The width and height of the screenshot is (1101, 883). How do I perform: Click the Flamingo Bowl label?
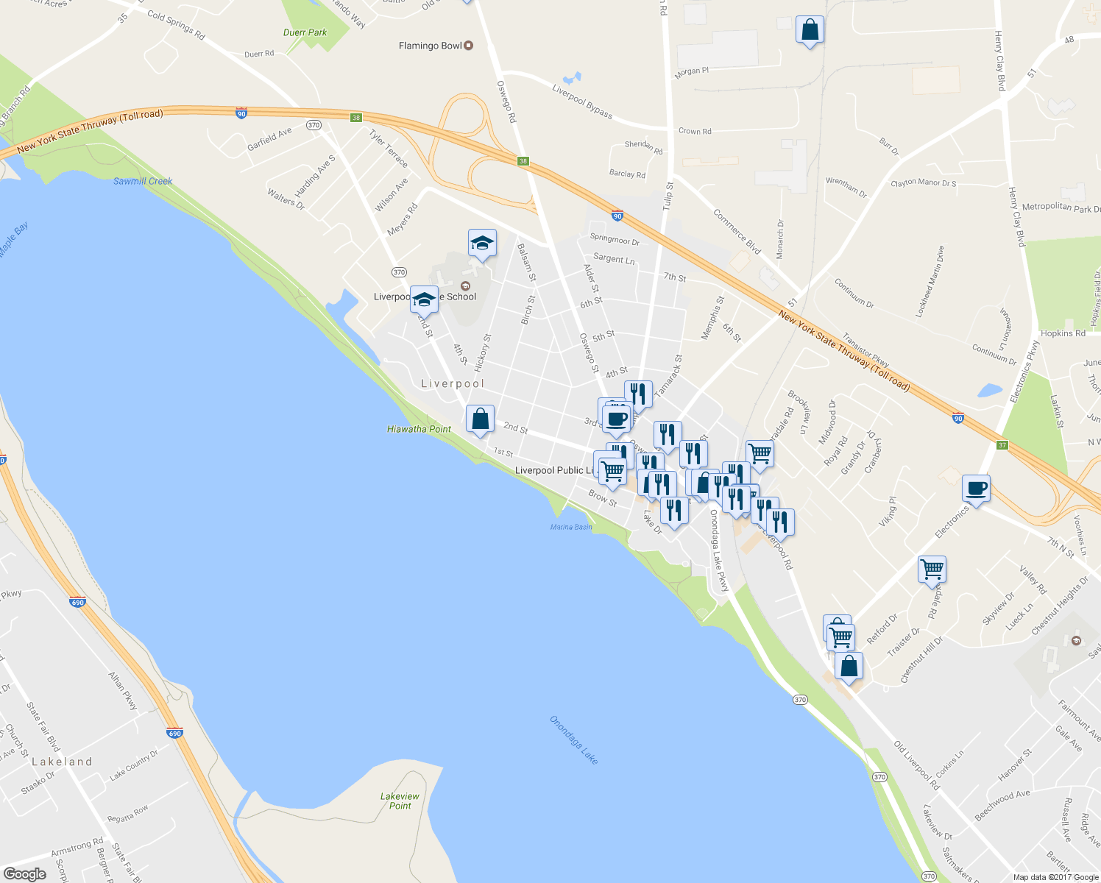431,46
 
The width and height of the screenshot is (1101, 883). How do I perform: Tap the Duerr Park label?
305,32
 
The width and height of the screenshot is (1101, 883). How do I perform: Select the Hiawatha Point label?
419,429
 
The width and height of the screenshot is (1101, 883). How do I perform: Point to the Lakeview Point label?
400,801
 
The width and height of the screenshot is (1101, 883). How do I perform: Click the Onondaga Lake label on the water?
574,739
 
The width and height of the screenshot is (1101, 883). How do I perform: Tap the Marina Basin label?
571,527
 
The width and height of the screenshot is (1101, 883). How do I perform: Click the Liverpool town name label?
453,383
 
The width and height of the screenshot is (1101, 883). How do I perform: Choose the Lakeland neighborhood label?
62,762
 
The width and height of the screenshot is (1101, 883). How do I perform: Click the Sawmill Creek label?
143,181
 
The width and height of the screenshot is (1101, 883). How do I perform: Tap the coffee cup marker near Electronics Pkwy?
976,489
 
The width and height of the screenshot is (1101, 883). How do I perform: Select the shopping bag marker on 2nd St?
480,419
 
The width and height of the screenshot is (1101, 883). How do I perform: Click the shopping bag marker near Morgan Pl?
810,31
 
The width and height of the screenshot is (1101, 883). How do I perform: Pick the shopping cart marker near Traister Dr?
932,570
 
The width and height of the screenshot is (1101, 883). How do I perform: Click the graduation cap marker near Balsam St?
482,243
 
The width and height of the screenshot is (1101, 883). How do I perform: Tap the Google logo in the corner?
24,873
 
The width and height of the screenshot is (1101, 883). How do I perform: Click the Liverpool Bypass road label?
582,101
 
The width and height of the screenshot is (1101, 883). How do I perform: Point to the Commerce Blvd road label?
737,232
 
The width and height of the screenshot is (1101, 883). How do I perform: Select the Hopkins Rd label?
1063,333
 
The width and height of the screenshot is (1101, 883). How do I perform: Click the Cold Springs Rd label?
176,25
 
